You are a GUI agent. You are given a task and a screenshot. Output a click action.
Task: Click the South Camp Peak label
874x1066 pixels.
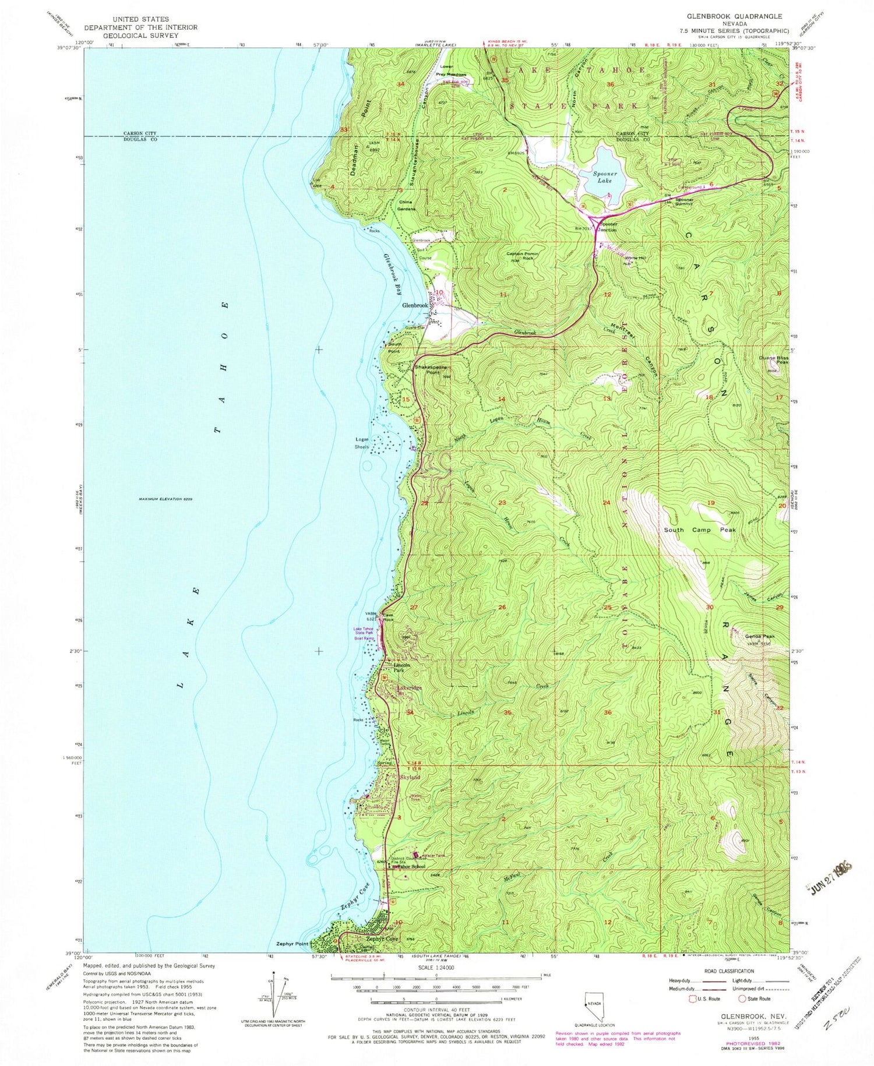(700, 530)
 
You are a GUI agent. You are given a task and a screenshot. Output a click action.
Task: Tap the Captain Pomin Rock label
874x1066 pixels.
(523, 256)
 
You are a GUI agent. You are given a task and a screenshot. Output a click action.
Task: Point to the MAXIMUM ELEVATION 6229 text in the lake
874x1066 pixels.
(165, 499)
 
